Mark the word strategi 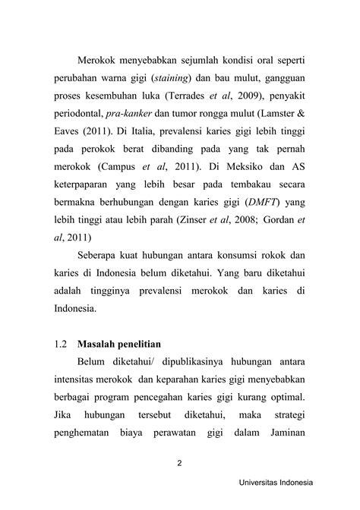point(292,416)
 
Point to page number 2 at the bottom point(180,467)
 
